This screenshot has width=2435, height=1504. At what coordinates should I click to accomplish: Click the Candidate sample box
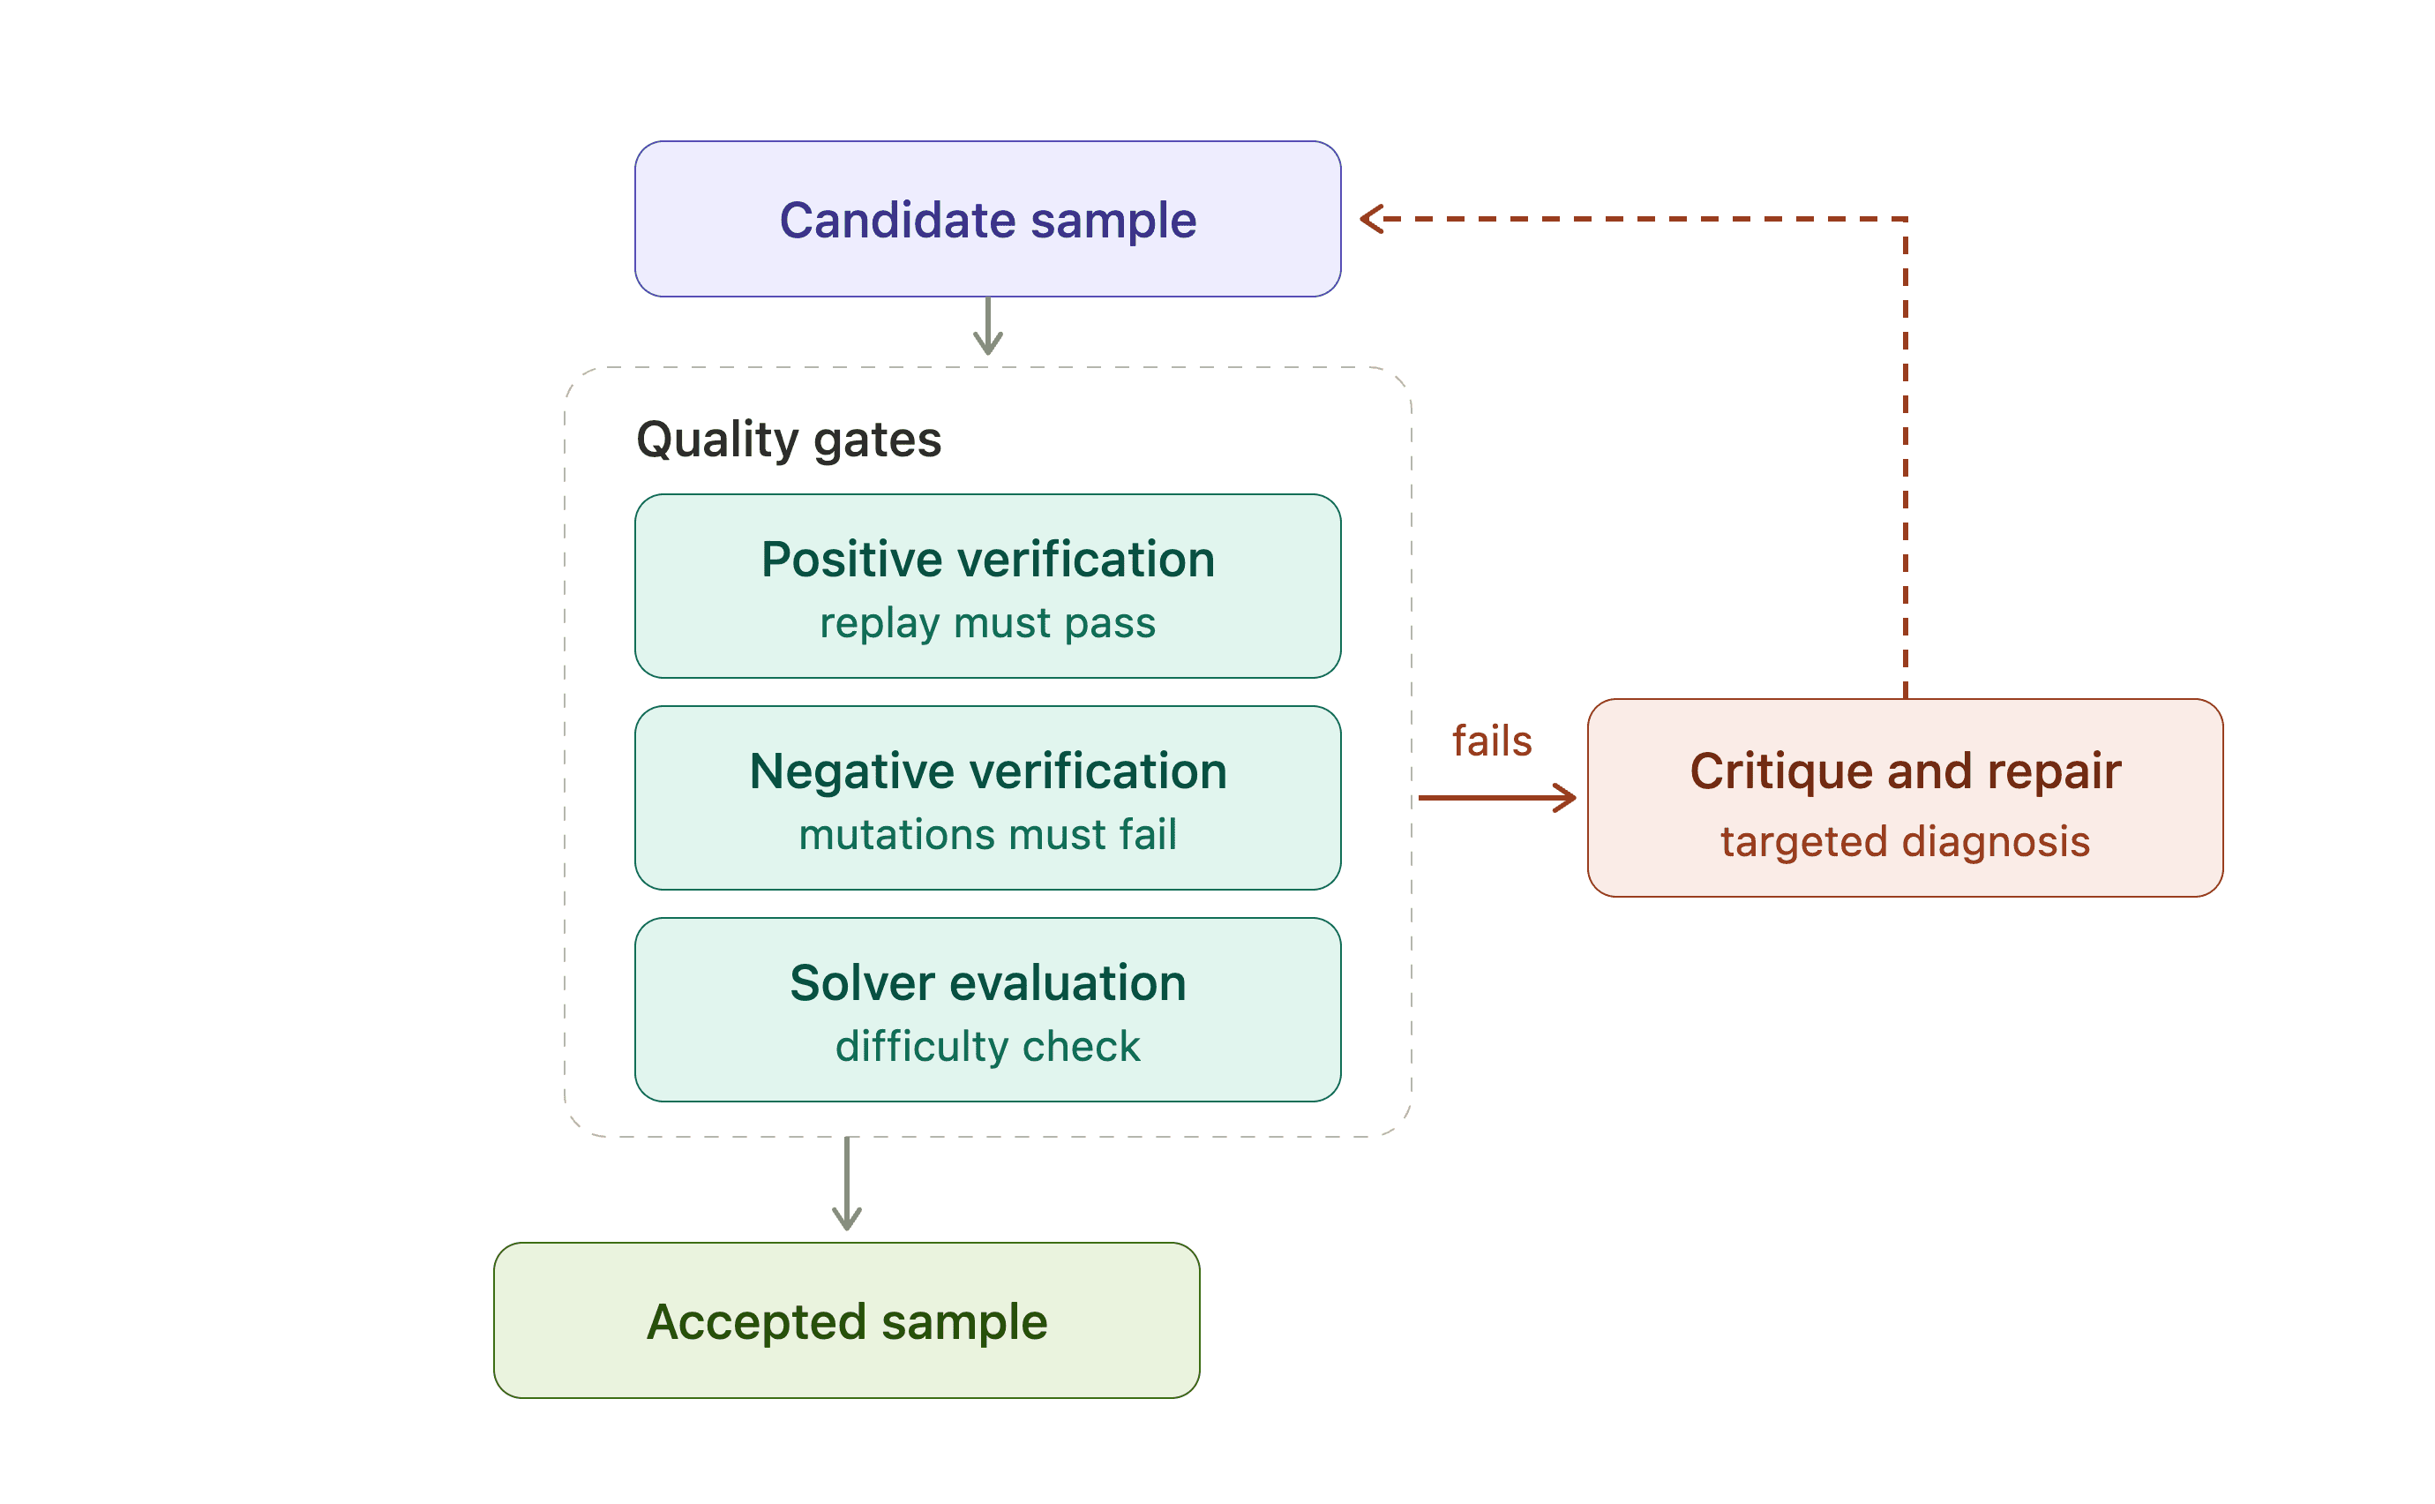click(x=987, y=219)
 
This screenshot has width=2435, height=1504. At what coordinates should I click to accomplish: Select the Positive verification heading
click(x=987, y=559)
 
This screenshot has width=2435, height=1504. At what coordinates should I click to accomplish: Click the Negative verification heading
click(x=987, y=771)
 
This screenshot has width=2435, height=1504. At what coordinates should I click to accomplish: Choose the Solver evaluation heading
click(x=987, y=982)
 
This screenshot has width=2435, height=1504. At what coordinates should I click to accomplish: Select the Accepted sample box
click(x=846, y=1320)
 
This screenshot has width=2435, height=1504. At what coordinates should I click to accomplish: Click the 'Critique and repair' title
click(x=1905, y=771)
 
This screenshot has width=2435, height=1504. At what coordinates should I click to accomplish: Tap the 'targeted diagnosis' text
click(x=1905, y=841)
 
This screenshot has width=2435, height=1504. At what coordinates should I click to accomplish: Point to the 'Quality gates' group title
click(x=789, y=440)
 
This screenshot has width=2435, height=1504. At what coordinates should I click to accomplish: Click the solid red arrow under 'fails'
click(x=1497, y=798)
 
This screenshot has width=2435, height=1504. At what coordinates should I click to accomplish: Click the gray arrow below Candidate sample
click(x=987, y=326)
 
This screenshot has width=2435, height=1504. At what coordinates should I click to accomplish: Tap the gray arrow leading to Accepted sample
click(x=846, y=1184)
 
